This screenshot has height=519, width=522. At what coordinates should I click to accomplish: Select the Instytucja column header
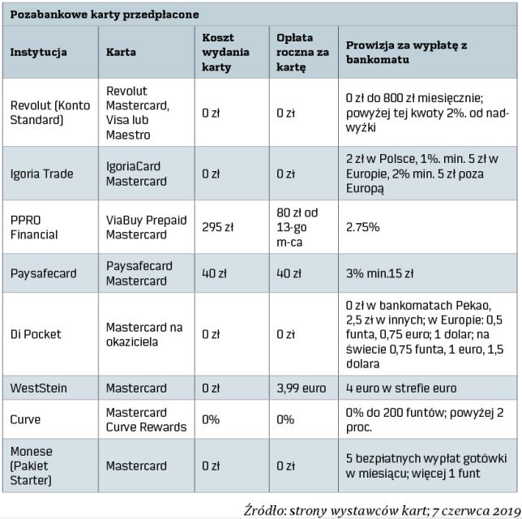click(38, 52)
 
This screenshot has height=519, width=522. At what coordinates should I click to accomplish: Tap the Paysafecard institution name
click(44, 273)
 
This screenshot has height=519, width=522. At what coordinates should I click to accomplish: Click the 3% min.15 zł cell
click(380, 273)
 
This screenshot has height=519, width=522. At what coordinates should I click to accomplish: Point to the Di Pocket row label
click(36, 334)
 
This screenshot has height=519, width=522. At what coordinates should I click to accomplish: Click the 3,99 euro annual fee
click(302, 388)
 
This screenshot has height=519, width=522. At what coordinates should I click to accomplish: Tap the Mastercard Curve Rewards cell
click(146, 420)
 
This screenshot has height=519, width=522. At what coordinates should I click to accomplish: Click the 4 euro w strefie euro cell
click(401, 388)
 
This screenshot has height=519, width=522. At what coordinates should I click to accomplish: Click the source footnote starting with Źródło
click(381, 508)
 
